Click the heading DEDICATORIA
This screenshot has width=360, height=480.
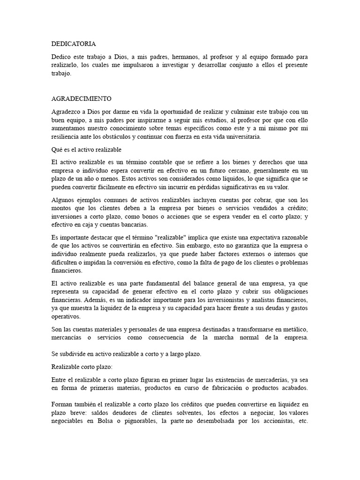(x=74, y=44)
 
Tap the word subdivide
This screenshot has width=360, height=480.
(x=73, y=354)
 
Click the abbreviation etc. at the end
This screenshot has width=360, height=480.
(x=302, y=421)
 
